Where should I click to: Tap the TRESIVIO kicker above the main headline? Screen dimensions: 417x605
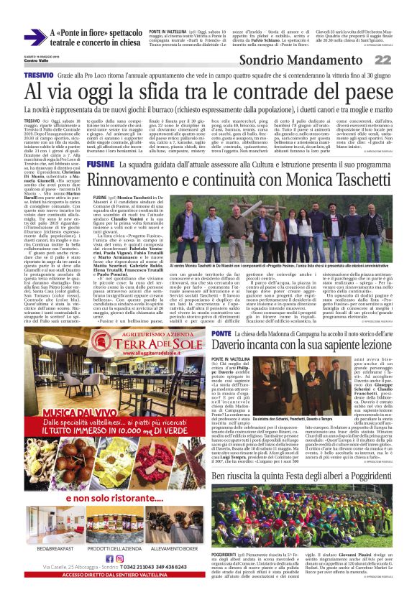tap(38, 75)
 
